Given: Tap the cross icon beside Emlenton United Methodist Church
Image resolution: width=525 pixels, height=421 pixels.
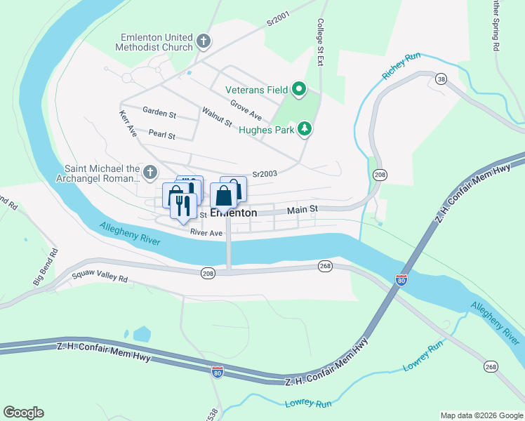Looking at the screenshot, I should click(x=204, y=42).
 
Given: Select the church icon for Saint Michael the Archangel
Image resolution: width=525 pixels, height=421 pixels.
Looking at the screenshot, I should click(x=149, y=172).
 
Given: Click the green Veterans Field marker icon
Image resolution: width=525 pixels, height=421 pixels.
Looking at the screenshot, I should click(x=299, y=89).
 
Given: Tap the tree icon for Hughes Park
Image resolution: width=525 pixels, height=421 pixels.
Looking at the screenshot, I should click(x=305, y=128).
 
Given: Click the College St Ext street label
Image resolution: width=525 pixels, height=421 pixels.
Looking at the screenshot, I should click(x=320, y=42).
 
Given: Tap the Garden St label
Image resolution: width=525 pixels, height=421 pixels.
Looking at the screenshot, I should click(x=159, y=112).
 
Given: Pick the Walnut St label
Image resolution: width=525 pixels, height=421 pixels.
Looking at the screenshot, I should click(x=217, y=117).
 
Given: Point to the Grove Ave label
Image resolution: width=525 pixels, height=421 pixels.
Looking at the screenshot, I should click(x=246, y=109).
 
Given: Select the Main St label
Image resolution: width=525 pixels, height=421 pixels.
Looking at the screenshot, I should click(x=303, y=209).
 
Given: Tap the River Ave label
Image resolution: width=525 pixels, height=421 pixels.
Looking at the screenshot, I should click(x=206, y=232).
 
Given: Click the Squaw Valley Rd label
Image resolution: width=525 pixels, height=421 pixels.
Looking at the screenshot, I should click(x=100, y=279).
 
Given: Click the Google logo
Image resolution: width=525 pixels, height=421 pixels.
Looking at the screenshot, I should click(x=23, y=413).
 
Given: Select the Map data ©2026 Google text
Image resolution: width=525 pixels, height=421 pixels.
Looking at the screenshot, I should click(x=481, y=415).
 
